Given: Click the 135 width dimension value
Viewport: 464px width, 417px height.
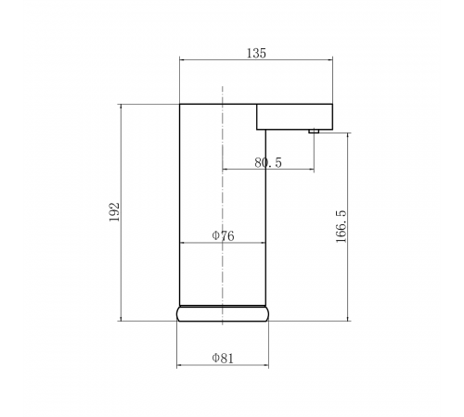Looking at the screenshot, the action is point(256,53).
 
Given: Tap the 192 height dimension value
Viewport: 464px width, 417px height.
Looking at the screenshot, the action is point(114,212).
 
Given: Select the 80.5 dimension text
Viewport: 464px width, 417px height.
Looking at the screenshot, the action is point(268,162).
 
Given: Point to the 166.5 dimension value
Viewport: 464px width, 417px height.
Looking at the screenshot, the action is point(342,226).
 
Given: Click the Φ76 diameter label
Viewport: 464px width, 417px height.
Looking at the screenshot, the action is point(223,236).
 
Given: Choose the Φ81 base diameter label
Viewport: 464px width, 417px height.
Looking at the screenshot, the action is point(223,359).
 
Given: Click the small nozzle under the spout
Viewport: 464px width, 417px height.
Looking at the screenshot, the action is point(314,132).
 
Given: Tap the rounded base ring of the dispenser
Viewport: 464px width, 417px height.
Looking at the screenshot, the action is point(223,313).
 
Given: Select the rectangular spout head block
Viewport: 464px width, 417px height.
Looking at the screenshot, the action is point(294,117).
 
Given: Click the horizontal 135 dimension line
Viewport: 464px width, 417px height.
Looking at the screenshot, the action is point(256,60).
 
